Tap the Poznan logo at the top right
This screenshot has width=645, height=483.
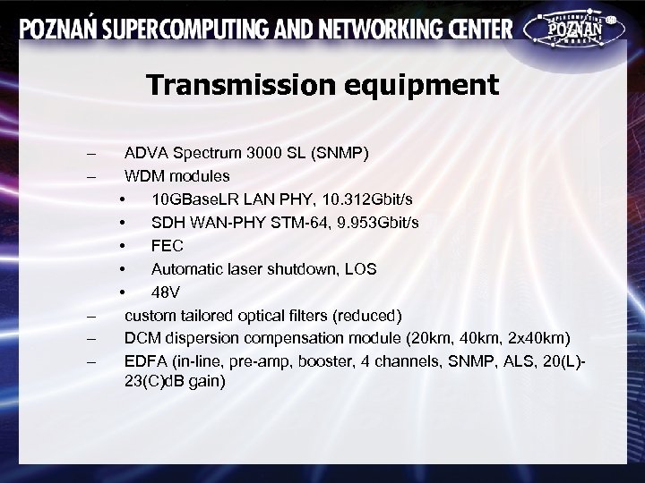(x=573, y=30)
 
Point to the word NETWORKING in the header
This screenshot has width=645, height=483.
(x=386, y=30)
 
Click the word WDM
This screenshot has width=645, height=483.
(x=143, y=176)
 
